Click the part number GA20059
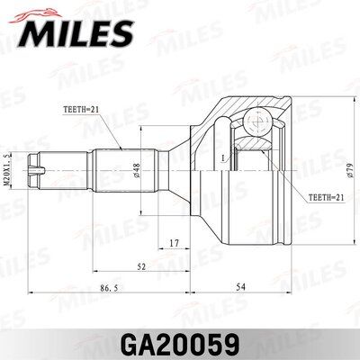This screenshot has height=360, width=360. pos(180,346)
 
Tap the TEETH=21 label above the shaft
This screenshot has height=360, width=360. pos(81,110)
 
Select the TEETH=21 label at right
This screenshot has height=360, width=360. pos(326,197)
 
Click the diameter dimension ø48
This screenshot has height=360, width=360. pos(135,170)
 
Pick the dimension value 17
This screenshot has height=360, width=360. pos(175,243)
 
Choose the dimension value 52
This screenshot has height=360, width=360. pos(141,266)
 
